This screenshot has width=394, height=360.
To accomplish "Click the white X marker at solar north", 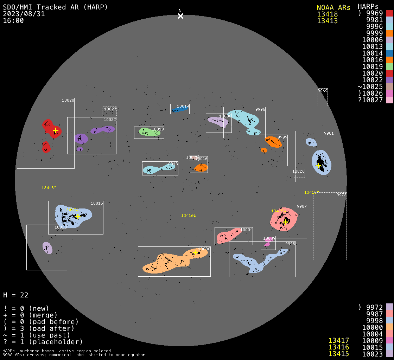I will tap(180, 16).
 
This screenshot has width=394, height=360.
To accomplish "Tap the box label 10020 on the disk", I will tap(68, 101).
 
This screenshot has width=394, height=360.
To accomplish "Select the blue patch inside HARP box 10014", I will tap(180, 110).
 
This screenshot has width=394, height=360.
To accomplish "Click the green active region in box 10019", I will tap(149, 132).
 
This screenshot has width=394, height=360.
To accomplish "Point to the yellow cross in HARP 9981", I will tap(318, 166).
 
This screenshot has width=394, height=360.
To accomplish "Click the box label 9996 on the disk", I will tap(260, 110).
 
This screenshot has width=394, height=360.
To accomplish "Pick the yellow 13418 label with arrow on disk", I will tap(49, 188).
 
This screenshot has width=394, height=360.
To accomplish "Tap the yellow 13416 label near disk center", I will tap(189, 216).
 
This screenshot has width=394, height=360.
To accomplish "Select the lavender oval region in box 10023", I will tap(47, 248).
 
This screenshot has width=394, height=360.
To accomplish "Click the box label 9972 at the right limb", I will tap(342, 195).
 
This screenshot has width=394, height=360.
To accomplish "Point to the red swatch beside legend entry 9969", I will tap(389, 13).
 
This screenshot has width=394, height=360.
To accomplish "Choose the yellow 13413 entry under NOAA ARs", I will tap(327, 21).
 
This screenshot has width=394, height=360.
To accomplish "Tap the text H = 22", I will tap(16, 295).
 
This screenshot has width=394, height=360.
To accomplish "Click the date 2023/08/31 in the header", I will tap(24, 14).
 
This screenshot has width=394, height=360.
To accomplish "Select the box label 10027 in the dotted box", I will tap(110, 109).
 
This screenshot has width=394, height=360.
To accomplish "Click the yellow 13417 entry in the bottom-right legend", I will tap(338, 340).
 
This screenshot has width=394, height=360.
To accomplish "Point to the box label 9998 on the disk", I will tap(290, 244).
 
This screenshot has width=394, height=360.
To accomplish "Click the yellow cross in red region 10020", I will tap(56, 130).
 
